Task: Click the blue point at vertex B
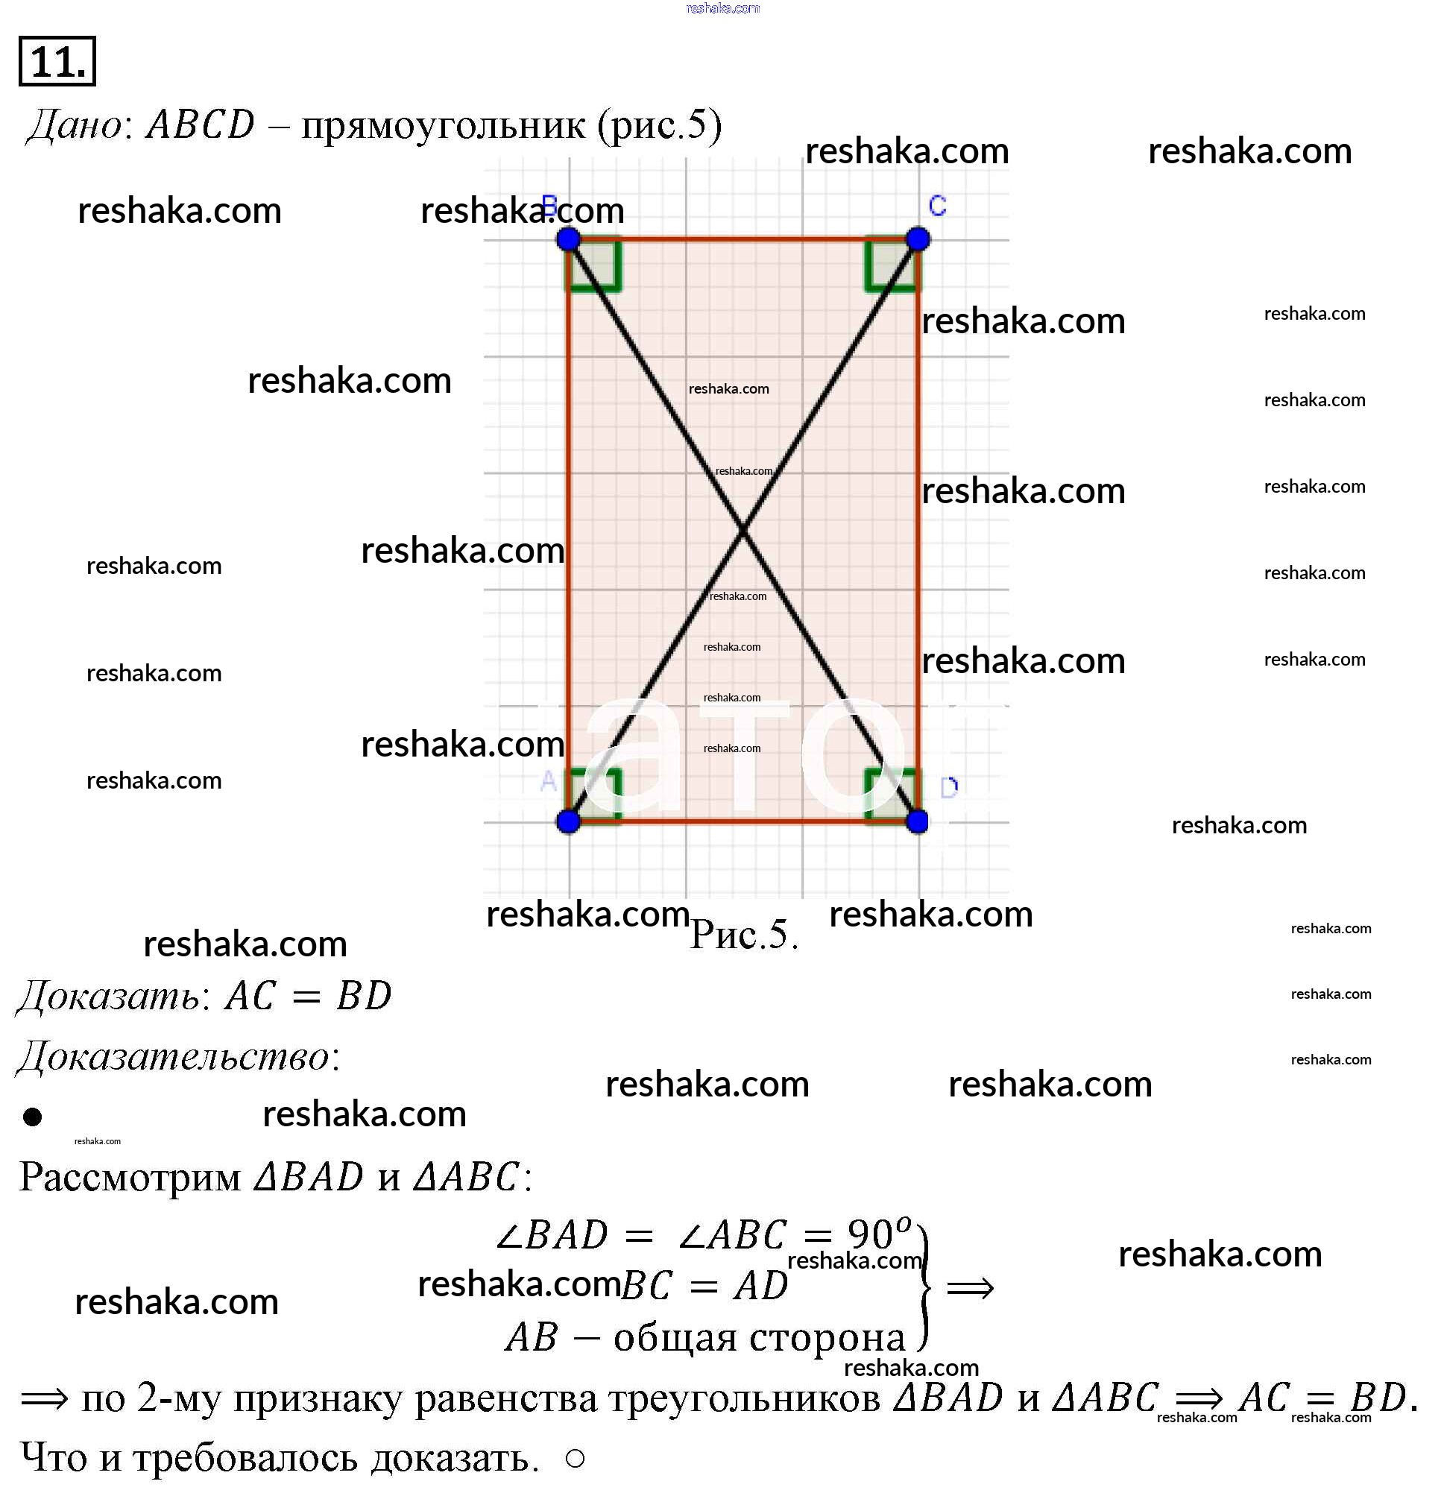coord(568,239)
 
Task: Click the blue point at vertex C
coord(918,239)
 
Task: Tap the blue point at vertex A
coord(568,821)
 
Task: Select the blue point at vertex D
coord(918,821)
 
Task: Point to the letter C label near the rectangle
coord(937,205)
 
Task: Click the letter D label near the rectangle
coord(949,788)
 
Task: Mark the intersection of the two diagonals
coord(743,530)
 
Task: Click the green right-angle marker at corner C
coord(891,265)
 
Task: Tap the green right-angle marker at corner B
coord(595,265)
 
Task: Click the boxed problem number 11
coord(57,61)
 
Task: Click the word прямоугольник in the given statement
coord(444,126)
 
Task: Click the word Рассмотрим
coord(130,1177)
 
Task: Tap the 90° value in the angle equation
coord(878,1234)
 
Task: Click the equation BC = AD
coord(703,1286)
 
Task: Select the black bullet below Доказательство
coord(32,1117)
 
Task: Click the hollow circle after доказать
coord(576,1459)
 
